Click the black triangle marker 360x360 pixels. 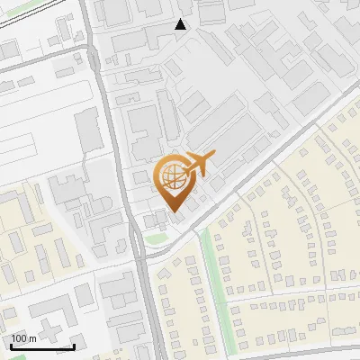pyautogui.click(x=181, y=24)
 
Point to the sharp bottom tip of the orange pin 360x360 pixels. pyautogui.click(x=174, y=212)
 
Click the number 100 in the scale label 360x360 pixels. pyautogui.click(x=19, y=338)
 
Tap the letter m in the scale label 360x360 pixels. pyautogui.click(x=32, y=338)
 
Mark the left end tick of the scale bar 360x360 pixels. pyautogui.click(x=10, y=346)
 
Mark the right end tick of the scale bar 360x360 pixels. pyautogui.click(x=74, y=346)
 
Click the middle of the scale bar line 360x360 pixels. pyautogui.click(x=41, y=347)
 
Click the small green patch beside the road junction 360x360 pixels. pyautogui.click(x=158, y=238)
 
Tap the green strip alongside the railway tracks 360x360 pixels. pyautogui.click(x=36, y=11)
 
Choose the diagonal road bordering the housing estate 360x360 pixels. pyautogui.click(x=261, y=171)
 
